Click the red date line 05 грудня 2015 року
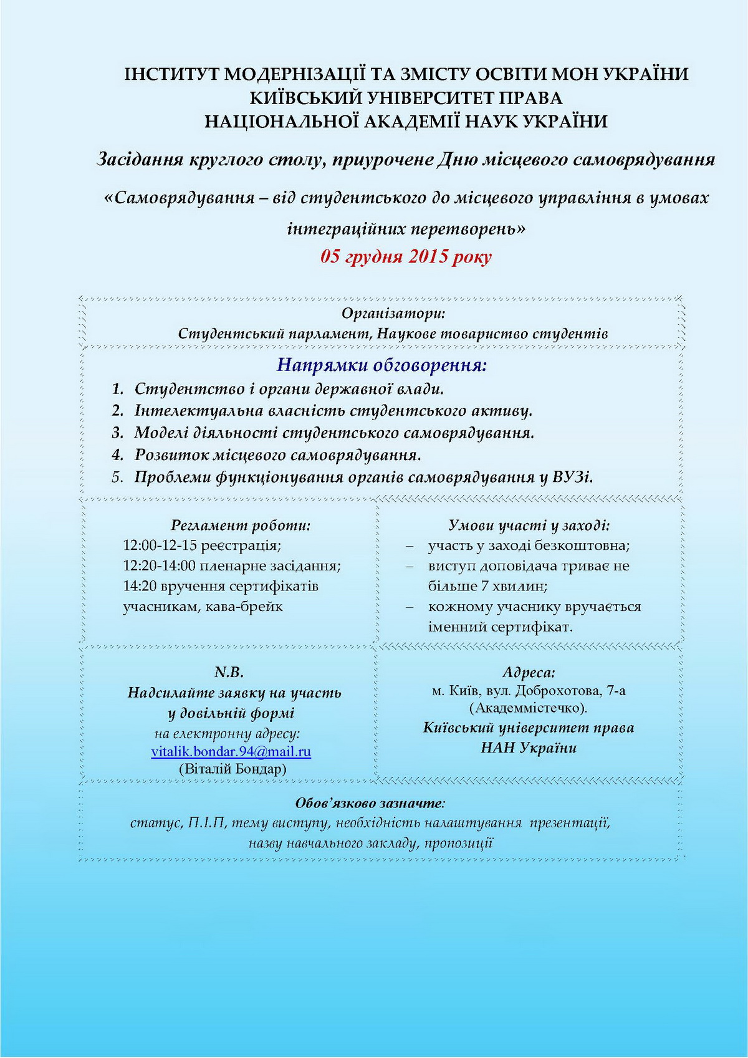406,257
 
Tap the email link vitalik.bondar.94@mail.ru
231,751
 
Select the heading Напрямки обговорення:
381,365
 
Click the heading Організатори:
393,313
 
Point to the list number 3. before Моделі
118,433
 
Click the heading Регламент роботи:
241,526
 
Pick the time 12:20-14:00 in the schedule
160,566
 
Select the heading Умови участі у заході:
529,526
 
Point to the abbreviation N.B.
229,673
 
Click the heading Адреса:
529,673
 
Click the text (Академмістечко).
528,708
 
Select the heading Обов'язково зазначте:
370,803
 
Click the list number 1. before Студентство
118,389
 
